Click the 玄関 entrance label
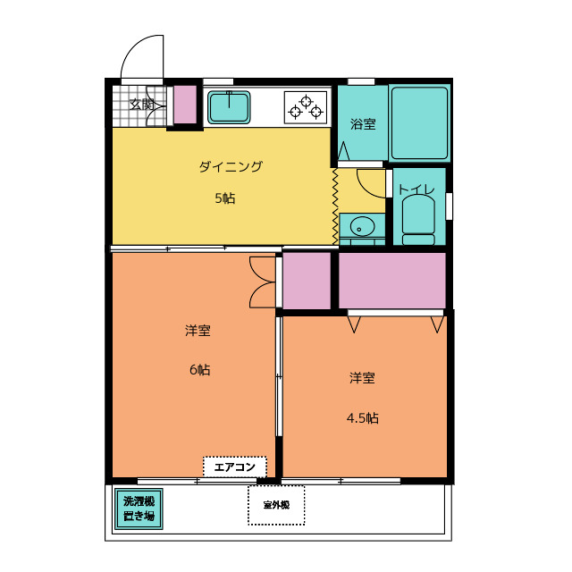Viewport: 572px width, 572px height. click(x=141, y=104)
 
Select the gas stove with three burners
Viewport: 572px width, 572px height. click(x=306, y=106)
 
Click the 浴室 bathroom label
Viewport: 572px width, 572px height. click(x=362, y=124)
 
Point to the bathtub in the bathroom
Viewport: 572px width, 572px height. click(x=418, y=123)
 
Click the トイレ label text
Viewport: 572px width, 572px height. click(x=416, y=189)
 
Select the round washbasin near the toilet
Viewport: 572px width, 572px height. click(x=361, y=224)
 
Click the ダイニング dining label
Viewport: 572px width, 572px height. click(x=231, y=166)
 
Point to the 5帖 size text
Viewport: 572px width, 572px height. click(x=225, y=198)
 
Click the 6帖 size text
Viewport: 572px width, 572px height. click(x=199, y=369)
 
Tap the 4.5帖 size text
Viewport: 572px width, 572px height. click(x=362, y=417)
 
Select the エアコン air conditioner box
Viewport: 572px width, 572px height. click(x=235, y=467)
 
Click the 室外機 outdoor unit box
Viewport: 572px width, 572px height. click(x=276, y=505)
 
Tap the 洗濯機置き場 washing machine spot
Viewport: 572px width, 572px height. click(x=139, y=509)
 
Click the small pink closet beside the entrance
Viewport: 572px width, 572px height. click(x=185, y=105)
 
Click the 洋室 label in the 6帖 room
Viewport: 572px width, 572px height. click(x=198, y=331)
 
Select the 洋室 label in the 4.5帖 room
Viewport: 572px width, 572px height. click(x=362, y=378)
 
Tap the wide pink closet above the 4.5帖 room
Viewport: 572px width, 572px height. click(x=391, y=281)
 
